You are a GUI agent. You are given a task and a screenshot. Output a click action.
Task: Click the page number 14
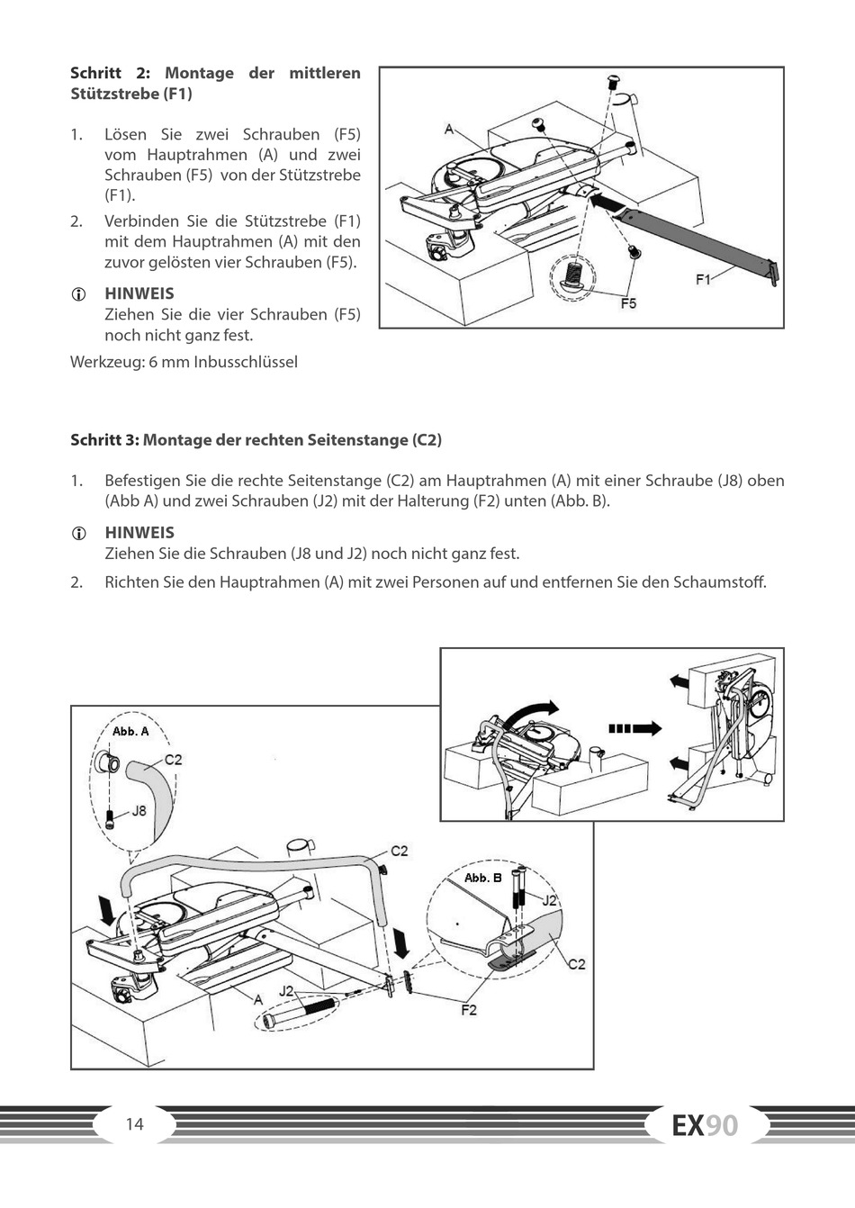click(x=135, y=1123)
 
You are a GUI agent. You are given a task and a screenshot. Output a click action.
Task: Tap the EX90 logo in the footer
click(x=705, y=1125)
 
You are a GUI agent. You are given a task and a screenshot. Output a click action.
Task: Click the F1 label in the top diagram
click(x=703, y=279)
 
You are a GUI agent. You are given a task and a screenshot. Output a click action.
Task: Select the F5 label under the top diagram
click(x=628, y=303)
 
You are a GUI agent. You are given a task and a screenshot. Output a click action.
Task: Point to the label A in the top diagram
click(x=449, y=130)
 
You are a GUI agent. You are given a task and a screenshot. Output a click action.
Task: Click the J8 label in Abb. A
click(x=139, y=810)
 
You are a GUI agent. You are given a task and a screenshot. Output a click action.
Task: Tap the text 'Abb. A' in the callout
click(x=130, y=731)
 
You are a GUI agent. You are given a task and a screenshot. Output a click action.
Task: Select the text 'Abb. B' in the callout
click(x=482, y=878)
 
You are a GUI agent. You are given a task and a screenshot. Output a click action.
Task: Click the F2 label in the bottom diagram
click(x=469, y=1010)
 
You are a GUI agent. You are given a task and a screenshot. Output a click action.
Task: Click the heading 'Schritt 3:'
click(x=105, y=440)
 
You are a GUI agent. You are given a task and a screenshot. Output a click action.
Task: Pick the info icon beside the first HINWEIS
click(x=78, y=294)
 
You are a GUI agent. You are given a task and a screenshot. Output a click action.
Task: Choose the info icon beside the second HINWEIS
click(x=78, y=533)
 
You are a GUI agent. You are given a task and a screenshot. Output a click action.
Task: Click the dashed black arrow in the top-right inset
click(x=634, y=728)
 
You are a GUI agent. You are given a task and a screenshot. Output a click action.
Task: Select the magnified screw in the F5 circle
click(x=574, y=274)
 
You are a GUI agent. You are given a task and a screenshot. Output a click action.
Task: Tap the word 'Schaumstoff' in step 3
click(x=726, y=581)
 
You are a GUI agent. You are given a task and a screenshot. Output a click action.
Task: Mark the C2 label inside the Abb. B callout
click(x=576, y=964)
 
